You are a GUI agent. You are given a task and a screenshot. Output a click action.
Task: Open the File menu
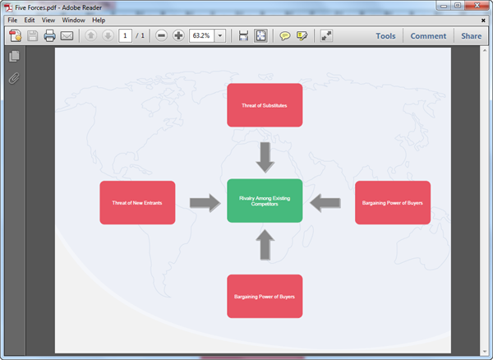pyautogui.click(x=12, y=20)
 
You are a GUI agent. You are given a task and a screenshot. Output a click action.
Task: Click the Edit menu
pyautogui.click(x=30, y=20)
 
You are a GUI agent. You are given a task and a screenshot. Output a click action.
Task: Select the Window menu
pyautogui.click(x=72, y=20)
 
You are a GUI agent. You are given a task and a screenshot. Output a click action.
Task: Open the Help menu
pyautogui.click(x=99, y=20)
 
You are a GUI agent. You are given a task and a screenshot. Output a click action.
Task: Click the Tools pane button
pyautogui.click(x=385, y=36)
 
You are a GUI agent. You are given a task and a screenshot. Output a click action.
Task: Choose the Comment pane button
pyautogui.click(x=428, y=36)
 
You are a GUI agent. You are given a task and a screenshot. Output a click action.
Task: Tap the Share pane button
pyautogui.click(x=471, y=36)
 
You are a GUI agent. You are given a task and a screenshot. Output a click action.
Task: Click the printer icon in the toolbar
pyautogui.click(x=49, y=36)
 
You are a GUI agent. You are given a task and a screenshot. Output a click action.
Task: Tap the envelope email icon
pyautogui.click(x=67, y=36)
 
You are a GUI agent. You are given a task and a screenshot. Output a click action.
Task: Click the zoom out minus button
pyautogui.click(x=161, y=36)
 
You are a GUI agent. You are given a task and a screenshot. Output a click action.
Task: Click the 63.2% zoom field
pyautogui.click(x=201, y=36)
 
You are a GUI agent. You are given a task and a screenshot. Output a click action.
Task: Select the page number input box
pyautogui.click(x=126, y=36)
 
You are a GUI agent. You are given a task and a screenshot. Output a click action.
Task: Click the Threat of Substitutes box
pyautogui.click(x=265, y=105)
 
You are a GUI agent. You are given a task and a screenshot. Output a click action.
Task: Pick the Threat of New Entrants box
pyautogui.click(x=137, y=202)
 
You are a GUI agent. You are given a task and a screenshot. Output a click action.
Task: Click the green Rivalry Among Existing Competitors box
pyautogui.click(x=265, y=201)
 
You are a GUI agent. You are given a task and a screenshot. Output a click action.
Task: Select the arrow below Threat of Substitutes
pyautogui.click(x=265, y=155)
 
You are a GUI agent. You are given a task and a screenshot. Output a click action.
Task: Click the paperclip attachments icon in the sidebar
pyautogui.click(x=13, y=79)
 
